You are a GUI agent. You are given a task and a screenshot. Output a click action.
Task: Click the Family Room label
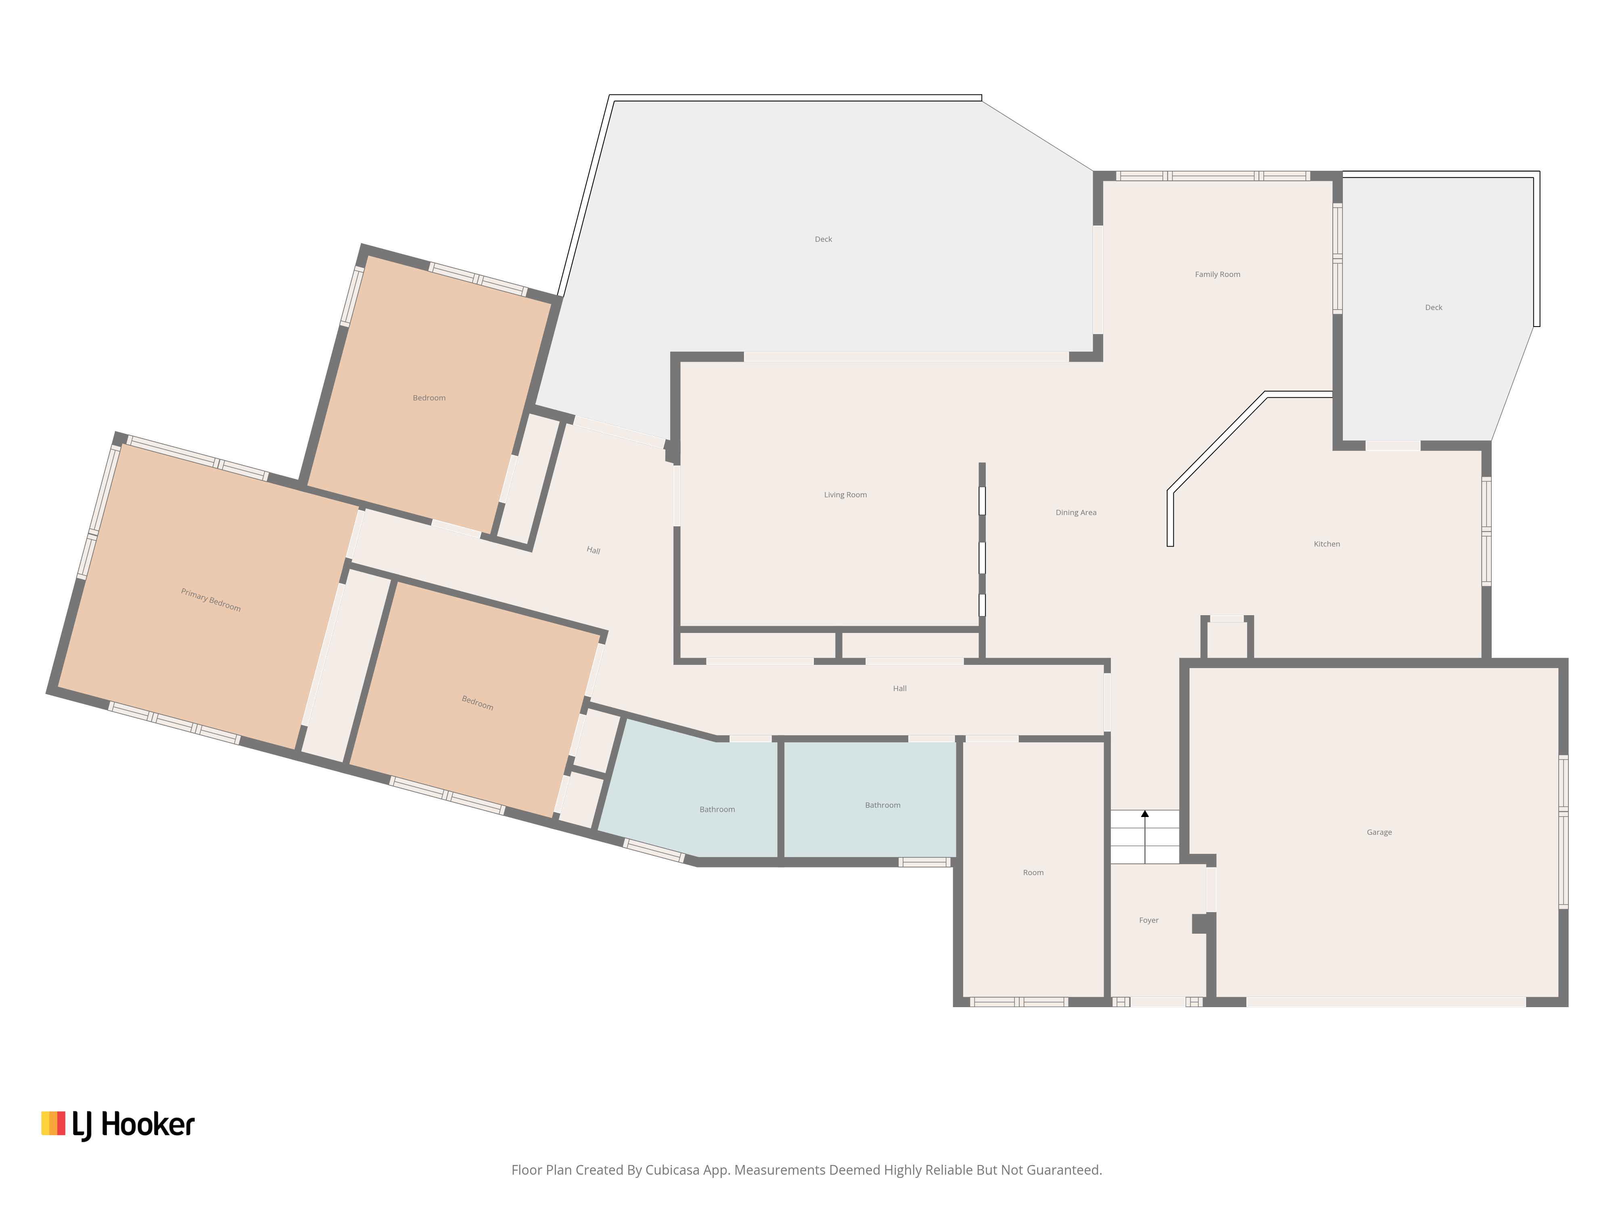tap(1217, 274)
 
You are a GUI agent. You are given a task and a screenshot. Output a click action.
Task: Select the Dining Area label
tap(1075, 512)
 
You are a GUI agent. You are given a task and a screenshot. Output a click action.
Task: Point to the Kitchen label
tap(1327, 544)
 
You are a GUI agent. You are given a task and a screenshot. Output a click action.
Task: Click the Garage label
tap(1379, 832)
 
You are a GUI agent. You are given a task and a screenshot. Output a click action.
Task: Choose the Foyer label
tap(1148, 920)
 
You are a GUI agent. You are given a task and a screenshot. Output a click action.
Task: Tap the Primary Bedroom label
tap(211, 600)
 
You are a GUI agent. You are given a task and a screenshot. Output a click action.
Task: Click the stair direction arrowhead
tap(1145, 814)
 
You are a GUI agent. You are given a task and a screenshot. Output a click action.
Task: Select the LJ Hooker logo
tap(118, 1125)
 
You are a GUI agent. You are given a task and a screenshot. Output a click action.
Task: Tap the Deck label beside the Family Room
tap(1433, 307)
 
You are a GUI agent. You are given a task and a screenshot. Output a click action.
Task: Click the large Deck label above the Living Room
tap(823, 239)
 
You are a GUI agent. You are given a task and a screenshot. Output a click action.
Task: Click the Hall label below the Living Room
tap(900, 688)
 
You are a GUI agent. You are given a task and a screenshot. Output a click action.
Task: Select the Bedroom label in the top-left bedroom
tap(429, 398)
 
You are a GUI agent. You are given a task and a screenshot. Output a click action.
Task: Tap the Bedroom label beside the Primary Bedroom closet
tap(477, 703)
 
